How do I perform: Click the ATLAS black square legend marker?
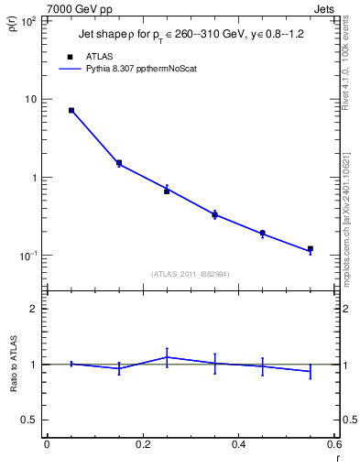pos(70,56)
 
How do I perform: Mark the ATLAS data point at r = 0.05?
pos(71,110)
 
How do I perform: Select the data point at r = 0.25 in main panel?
pos(167,191)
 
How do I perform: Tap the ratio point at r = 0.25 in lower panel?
pos(167,357)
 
